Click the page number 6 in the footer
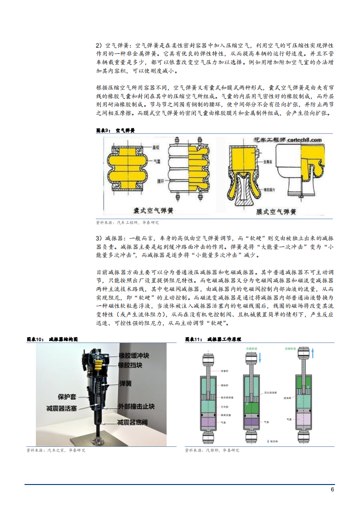[332, 489]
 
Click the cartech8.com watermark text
[296, 140]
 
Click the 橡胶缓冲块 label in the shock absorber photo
[139, 356]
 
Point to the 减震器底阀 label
[136, 422]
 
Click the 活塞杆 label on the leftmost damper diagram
[223, 371]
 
